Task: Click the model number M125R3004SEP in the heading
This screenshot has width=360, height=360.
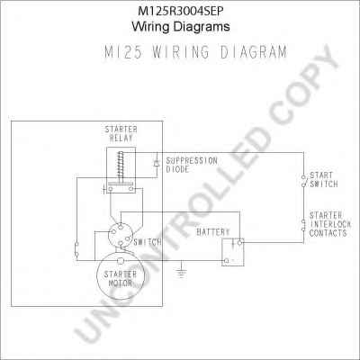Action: coord(181,11)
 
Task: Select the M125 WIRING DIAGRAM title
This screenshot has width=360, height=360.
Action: coord(195,52)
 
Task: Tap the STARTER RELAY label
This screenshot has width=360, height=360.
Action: coord(121,134)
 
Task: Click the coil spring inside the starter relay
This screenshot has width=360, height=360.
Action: coord(121,166)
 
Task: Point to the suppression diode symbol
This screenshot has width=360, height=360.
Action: coord(157,164)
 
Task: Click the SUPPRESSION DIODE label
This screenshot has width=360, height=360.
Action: coord(192,165)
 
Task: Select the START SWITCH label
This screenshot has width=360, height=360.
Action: coord(324,179)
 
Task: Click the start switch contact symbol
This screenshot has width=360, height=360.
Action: coord(303,181)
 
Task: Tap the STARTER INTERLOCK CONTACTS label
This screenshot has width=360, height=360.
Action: coord(330,224)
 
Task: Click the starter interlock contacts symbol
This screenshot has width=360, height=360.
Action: coord(303,226)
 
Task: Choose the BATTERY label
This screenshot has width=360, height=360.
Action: coord(213,232)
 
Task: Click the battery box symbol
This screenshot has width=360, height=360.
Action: coord(233,252)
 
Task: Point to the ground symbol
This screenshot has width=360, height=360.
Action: coord(181,272)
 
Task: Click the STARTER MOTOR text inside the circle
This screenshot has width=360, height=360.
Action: coord(121,278)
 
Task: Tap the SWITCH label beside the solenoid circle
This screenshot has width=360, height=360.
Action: coord(148,242)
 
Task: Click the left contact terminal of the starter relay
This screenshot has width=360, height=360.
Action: coord(111,189)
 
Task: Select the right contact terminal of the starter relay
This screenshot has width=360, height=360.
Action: coord(131,189)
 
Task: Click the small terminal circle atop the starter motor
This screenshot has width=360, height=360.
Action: coord(121,261)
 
